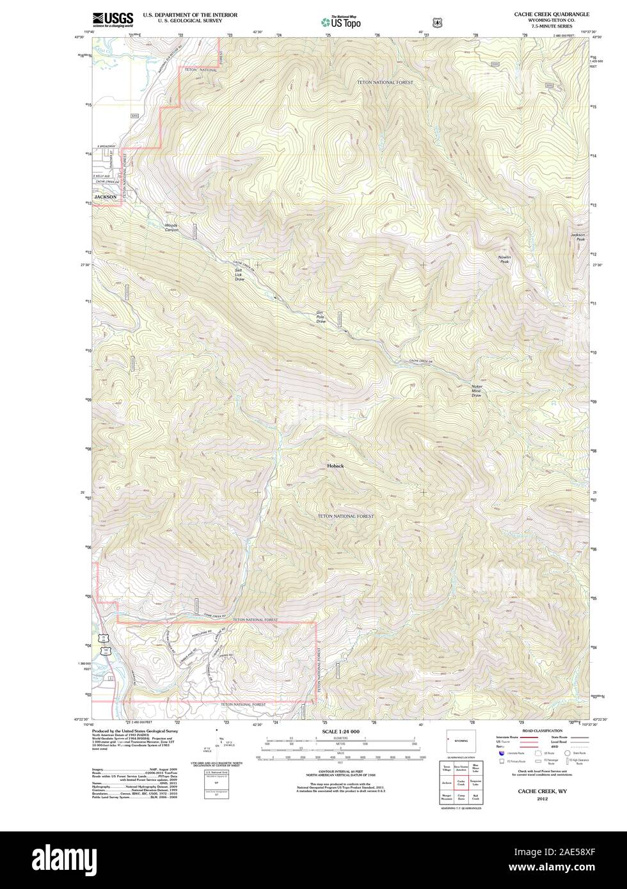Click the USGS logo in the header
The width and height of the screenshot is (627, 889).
pyautogui.click(x=113, y=19)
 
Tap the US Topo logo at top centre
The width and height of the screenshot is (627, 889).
pyautogui.click(x=340, y=22)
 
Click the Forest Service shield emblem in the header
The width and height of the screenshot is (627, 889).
pyautogui.click(x=437, y=22)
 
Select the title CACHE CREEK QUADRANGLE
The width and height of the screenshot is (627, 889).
pyautogui.click(x=552, y=14)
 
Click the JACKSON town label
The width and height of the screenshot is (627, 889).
pyautogui.click(x=106, y=197)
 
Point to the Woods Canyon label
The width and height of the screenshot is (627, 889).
pyautogui.click(x=171, y=227)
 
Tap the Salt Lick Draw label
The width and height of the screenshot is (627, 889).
pyautogui.click(x=239, y=274)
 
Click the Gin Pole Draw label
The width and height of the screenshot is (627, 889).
pyautogui.click(x=321, y=317)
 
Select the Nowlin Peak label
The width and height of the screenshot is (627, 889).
pyautogui.click(x=505, y=259)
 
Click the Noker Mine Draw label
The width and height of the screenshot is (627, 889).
pyautogui.click(x=477, y=391)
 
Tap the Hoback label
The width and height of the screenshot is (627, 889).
pyautogui.click(x=335, y=466)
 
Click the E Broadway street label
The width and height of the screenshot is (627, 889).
pyautogui.click(x=106, y=146)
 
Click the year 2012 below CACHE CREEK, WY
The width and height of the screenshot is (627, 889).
pyautogui.click(x=543, y=799)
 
